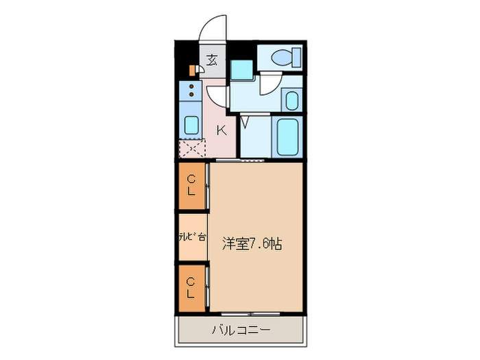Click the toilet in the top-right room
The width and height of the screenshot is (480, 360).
tap(282, 58)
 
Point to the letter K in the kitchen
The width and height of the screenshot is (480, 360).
tap(221, 129)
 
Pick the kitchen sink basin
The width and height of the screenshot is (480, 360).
tap(191, 125)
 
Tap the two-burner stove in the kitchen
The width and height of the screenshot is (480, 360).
tap(191, 92)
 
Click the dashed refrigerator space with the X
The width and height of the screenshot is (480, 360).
tap(191, 149)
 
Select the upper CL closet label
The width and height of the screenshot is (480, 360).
tap(191, 185)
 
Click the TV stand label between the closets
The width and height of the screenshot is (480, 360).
tap(191, 237)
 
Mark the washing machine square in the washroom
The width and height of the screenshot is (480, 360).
tap(241, 69)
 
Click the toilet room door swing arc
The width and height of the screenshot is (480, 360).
tap(269, 84)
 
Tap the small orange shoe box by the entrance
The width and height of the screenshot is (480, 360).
tap(191, 69)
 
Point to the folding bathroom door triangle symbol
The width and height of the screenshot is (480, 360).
tap(245, 122)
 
